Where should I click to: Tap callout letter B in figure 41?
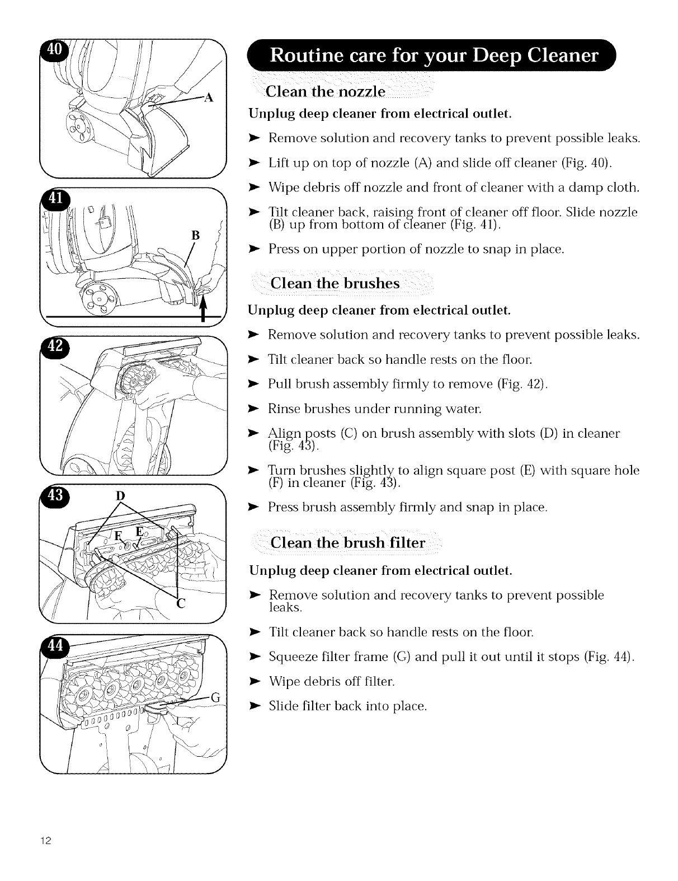click(195, 235)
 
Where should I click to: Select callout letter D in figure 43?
click(119, 496)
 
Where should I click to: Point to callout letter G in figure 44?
click(215, 697)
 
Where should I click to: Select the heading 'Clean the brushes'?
click(335, 283)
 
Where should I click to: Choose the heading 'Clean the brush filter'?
click(347, 543)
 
